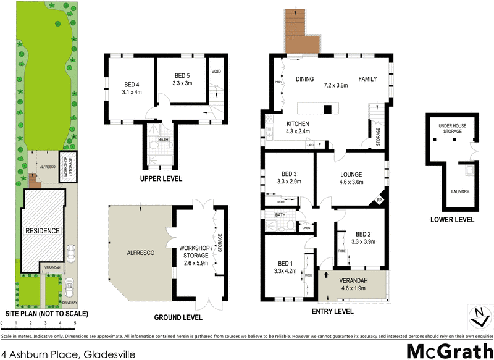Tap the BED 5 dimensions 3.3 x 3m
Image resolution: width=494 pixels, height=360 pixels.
[x=182, y=83]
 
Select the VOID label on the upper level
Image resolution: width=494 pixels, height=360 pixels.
[x=216, y=72]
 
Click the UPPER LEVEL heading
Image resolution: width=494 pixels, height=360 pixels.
[x=162, y=178]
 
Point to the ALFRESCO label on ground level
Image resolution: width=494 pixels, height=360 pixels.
[x=140, y=253]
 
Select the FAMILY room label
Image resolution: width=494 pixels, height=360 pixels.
[x=368, y=79]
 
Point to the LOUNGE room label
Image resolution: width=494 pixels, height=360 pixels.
[x=351, y=175]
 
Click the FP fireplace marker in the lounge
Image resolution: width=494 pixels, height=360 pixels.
[x=379, y=201]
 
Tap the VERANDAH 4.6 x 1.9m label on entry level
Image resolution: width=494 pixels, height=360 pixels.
[x=355, y=285]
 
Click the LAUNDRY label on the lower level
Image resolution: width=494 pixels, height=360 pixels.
[x=459, y=191]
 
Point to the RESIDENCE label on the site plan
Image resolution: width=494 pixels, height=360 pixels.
[x=43, y=231]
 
